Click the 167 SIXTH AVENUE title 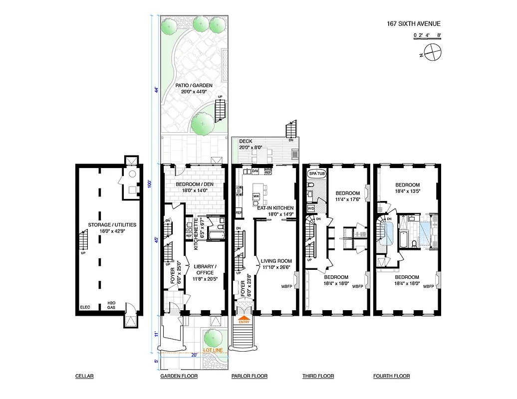pyautogui.click(x=414, y=23)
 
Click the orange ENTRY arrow pyautogui.click(x=244, y=318)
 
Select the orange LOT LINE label pyautogui.click(x=213, y=350)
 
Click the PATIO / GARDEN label pyautogui.click(x=194, y=88)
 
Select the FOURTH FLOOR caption pyautogui.click(x=392, y=376)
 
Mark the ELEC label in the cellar pyautogui.click(x=84, y=308)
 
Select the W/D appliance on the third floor pyautogui.click(x=310, y=208)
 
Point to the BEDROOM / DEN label pyautogui.click(x=194, y=187)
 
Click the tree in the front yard pyautogui.click(x=213, y=339)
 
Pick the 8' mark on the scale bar pyautogui.click(x=438, y=35)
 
